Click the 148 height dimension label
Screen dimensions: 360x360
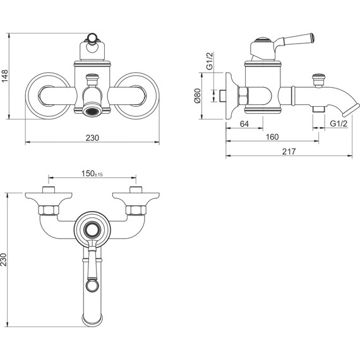[x=5, y=76]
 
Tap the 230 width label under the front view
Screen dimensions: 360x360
[x=92, y=138]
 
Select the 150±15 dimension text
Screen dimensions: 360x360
[x=92, y=174]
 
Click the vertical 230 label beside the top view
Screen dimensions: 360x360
[x=4, y=260]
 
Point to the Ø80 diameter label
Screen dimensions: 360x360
[x=198, y=96]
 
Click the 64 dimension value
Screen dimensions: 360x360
[x=244, y=124]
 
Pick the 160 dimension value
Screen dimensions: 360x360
[x=272, y=137]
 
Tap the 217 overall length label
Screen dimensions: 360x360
[x=289, y=152]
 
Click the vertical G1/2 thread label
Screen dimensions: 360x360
[x=210, y=61]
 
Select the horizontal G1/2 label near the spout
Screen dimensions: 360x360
[x=339, y=124]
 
